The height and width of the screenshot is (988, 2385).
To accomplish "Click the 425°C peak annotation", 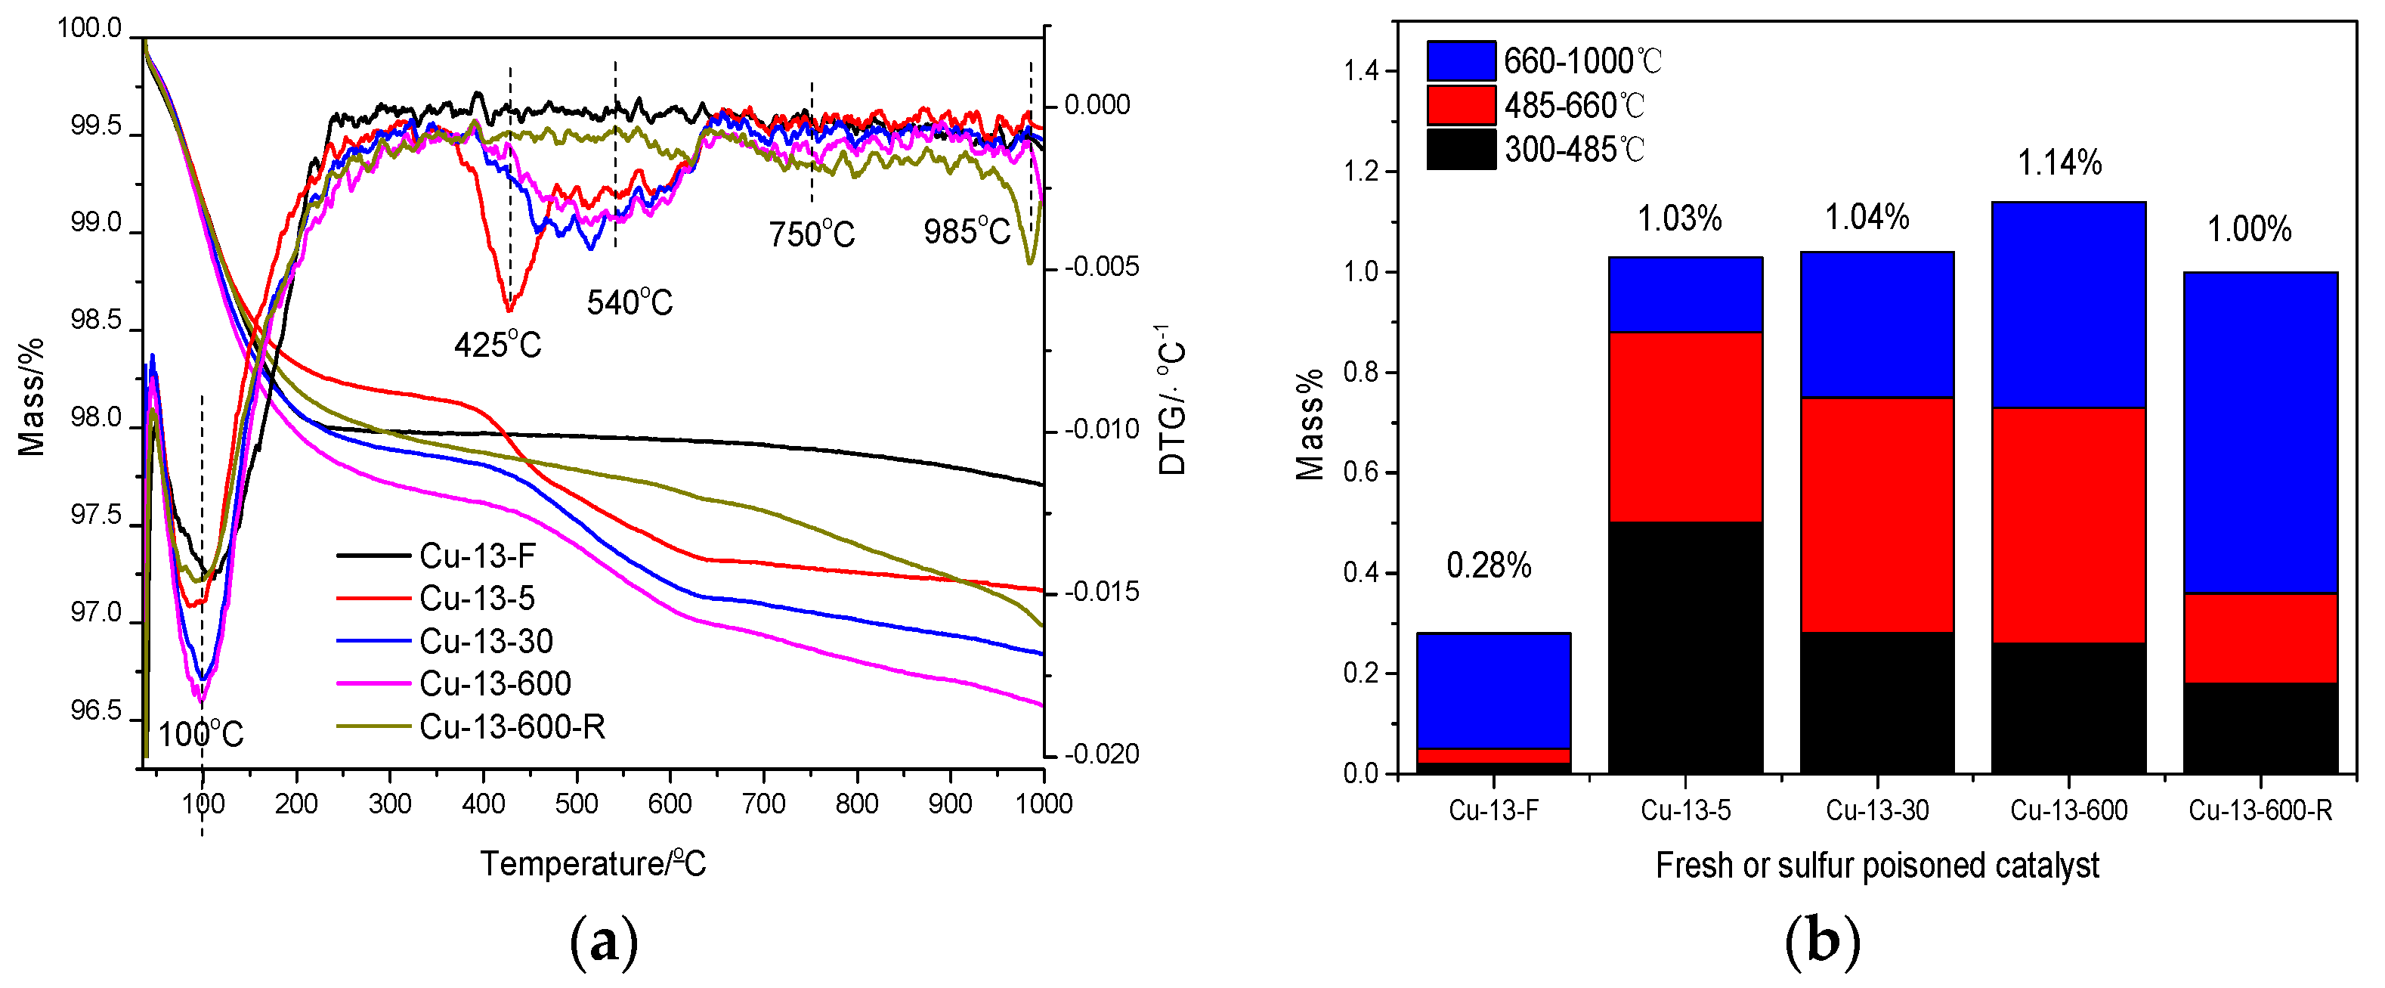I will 497,345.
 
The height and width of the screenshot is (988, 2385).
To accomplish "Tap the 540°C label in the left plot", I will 630,303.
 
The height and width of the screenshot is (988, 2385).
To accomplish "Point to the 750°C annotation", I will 811,234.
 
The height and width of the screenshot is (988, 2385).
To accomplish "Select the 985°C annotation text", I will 967,231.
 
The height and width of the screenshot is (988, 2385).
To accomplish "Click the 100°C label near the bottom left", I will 200,736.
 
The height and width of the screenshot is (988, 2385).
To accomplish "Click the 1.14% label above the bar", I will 2059,163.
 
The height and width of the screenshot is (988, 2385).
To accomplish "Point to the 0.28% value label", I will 1489,565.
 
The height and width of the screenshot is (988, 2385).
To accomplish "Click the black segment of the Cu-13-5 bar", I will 1685,647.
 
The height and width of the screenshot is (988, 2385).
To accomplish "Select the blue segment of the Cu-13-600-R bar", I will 2260,432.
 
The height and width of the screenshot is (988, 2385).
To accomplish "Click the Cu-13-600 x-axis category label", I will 2068,810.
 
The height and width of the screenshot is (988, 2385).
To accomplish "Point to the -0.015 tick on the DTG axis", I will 1101,592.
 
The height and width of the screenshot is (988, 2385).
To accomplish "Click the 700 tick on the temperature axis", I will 763,803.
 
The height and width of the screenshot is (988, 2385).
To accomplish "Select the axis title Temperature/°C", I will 593,864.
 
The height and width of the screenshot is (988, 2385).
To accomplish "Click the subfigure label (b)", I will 1822,943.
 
